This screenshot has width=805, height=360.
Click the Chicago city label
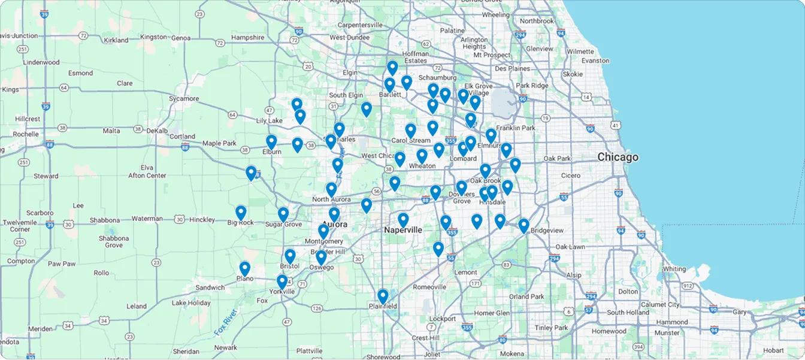tap(618, 158)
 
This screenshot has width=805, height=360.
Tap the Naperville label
tap(403, 230)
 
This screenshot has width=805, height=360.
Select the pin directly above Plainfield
tap(383, 296)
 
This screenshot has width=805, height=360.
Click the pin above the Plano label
tap(244, 268)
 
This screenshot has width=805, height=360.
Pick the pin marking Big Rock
tap(241, 213)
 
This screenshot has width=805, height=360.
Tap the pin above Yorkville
tap(282, 282)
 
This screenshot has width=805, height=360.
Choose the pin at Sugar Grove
tap(283, 214)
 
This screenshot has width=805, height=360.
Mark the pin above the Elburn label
tap(271, 142)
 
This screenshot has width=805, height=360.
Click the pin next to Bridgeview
tap(523, 226)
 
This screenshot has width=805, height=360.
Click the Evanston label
tap(595, 60)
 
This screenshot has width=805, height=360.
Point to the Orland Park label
tap(526, 297)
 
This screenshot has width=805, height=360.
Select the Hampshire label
tap(247, 37)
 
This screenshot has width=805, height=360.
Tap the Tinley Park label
tap(552, 328)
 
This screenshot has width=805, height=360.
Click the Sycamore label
tap(183, 98)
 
